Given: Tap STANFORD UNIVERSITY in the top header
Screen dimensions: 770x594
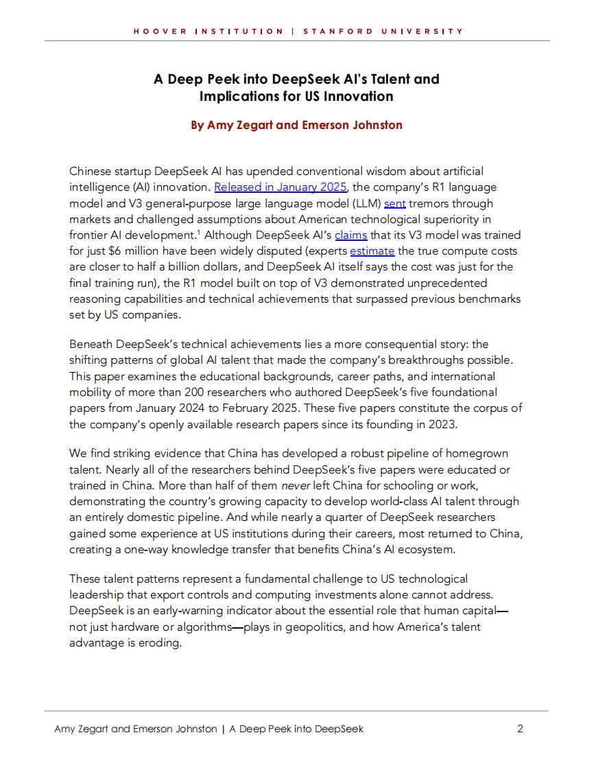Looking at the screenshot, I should (382, 32).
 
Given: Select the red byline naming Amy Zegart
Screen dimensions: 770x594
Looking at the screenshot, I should (296, 125).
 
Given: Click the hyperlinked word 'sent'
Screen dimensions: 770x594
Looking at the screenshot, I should (395, 203).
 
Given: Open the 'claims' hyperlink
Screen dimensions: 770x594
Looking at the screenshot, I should (351, 235).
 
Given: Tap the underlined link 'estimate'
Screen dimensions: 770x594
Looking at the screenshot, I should (372, 252).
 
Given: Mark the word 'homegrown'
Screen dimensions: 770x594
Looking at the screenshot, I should (480, 454).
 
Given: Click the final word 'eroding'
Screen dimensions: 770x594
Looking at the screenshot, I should (161, 644).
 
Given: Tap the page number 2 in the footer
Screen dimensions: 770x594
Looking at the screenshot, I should (520, 729).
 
